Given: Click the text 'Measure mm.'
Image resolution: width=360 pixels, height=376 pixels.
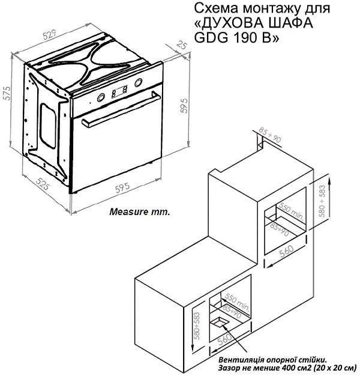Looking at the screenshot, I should (x=140, y=211).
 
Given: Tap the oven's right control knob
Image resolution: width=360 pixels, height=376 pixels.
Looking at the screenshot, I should (x=139, y=83).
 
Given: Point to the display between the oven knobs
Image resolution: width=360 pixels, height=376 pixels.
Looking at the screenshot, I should (x=119, y=91).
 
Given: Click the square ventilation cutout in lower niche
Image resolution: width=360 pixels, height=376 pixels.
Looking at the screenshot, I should (x=220, y=322).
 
